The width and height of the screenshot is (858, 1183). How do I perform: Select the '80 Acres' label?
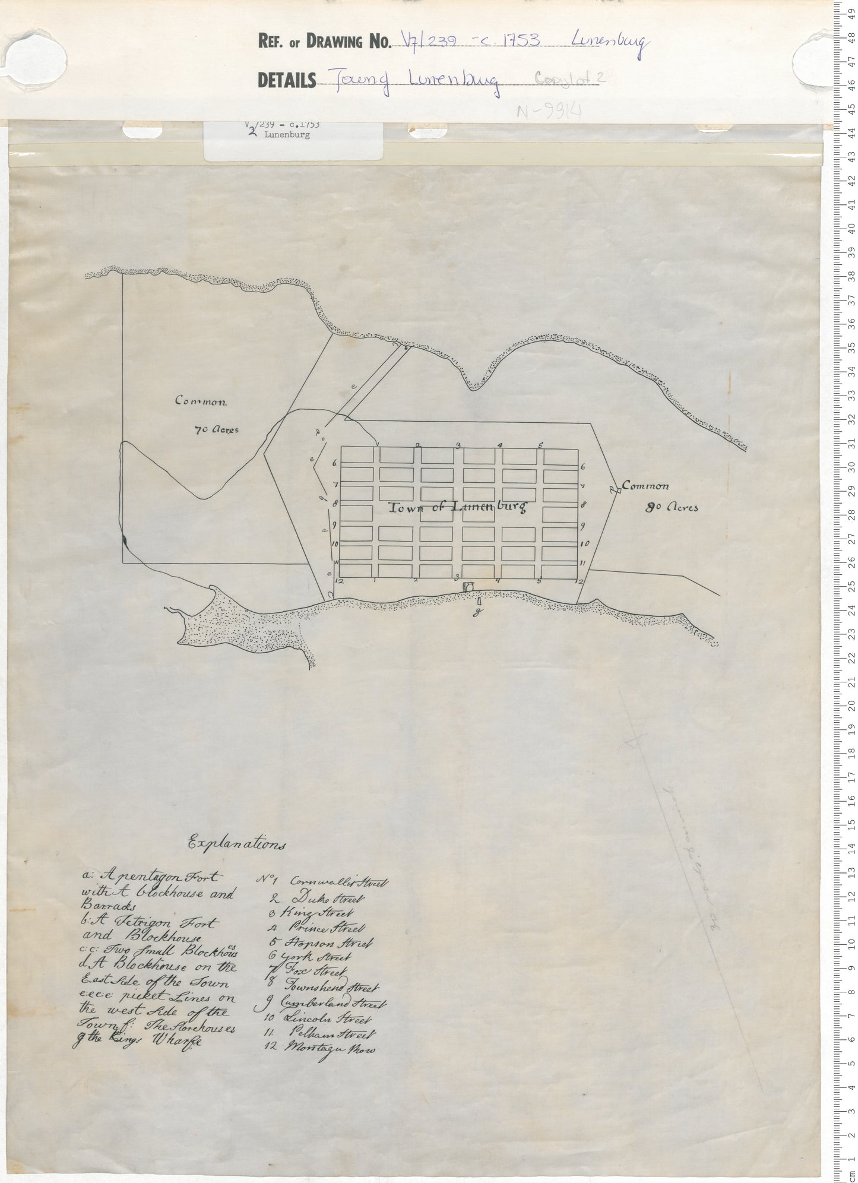(x=672, y=508)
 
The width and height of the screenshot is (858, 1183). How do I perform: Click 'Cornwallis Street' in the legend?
(x=338, y=882)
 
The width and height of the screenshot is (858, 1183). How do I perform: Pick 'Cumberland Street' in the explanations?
(x=335, y=1004)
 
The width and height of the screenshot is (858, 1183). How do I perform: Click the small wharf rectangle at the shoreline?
(x=479, y=601)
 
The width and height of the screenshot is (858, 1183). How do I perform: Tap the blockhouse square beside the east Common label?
(x=616, y=489)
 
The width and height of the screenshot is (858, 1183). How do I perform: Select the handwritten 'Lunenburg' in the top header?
(x=610, y=43)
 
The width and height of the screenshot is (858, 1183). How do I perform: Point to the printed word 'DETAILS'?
(x=287, y=80)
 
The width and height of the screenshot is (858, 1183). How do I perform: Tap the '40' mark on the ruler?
(x=851, y=228)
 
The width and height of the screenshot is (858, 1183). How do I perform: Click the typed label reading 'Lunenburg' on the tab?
(x=287, y=135)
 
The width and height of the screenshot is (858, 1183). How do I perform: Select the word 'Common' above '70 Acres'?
(x=201, y=401)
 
